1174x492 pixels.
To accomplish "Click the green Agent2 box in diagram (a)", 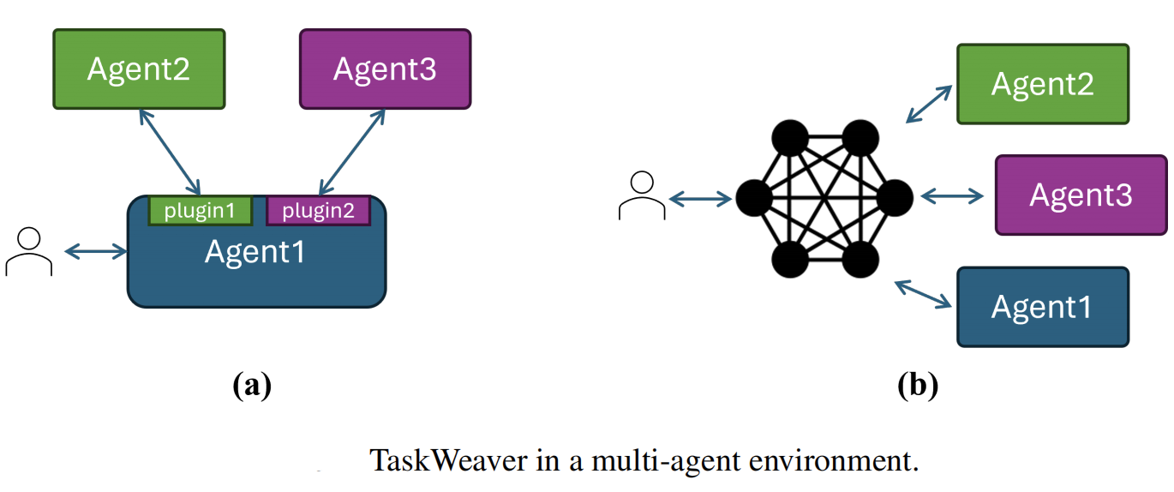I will [139, 69].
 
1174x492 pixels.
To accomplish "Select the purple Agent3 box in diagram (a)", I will [385, 69].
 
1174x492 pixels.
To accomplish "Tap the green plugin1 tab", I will [200, 211].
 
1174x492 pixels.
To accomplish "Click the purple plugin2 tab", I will [318, 211].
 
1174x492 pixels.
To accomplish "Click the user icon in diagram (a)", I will [29, 252].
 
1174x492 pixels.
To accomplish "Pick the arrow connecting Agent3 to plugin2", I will [351, 153].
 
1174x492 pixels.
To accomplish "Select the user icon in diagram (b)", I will [641, 196].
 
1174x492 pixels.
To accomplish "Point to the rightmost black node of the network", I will [895, 198].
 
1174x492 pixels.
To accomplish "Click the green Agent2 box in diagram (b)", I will [1042, 84].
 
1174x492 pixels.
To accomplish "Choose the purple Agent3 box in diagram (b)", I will [1081, 195].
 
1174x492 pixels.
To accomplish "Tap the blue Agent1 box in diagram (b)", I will [1042, 307].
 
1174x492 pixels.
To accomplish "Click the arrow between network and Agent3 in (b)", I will [952, 197].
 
